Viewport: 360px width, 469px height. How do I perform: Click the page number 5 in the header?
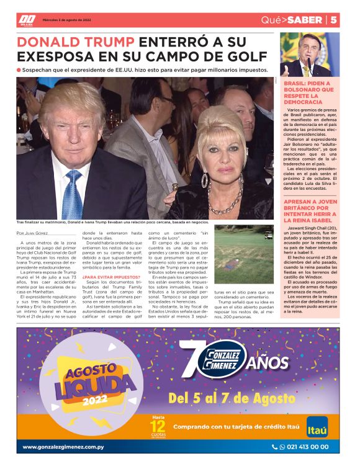(x=333, y=20)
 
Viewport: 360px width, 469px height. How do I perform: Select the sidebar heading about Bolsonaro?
(x=308, y=94)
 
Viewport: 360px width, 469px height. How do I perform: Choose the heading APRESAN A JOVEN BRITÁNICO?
(x=308, y=213)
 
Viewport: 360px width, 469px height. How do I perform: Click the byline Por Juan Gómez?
(x=31, y=233)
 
